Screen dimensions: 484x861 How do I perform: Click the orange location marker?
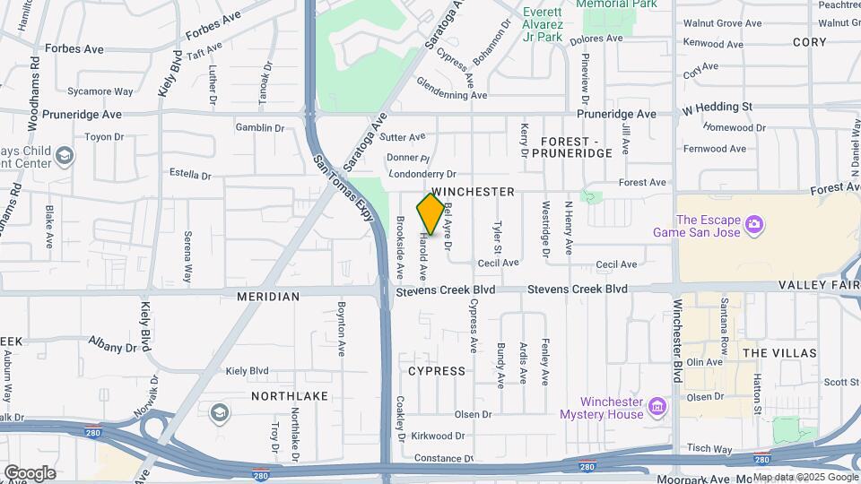pyautogui.click(x=430, y=214)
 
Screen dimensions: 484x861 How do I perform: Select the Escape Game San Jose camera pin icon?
pyautogui.click(x=753, y=222)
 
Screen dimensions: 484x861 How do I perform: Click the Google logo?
pyautogui.click(x=30, y=472)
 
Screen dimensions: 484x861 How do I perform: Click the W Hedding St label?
pyautogui.click(x=717, y=107)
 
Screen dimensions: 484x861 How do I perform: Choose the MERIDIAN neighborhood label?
pyautogui.click(x=267, y=296)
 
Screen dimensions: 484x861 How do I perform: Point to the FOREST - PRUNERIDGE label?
pyautogui.click(x=576, y=147)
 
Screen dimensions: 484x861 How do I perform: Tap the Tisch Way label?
pyautogui.click(x=709, y=447)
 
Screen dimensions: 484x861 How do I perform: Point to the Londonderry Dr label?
pyautogui.click(x=421, y=174)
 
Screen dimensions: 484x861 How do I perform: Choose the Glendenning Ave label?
pyautogui.click(x=452, y=94)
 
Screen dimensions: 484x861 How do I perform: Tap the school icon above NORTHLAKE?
pyautogui.click(x=219, y=412)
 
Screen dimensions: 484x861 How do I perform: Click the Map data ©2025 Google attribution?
pyautogui.click(x=805, y=477)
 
